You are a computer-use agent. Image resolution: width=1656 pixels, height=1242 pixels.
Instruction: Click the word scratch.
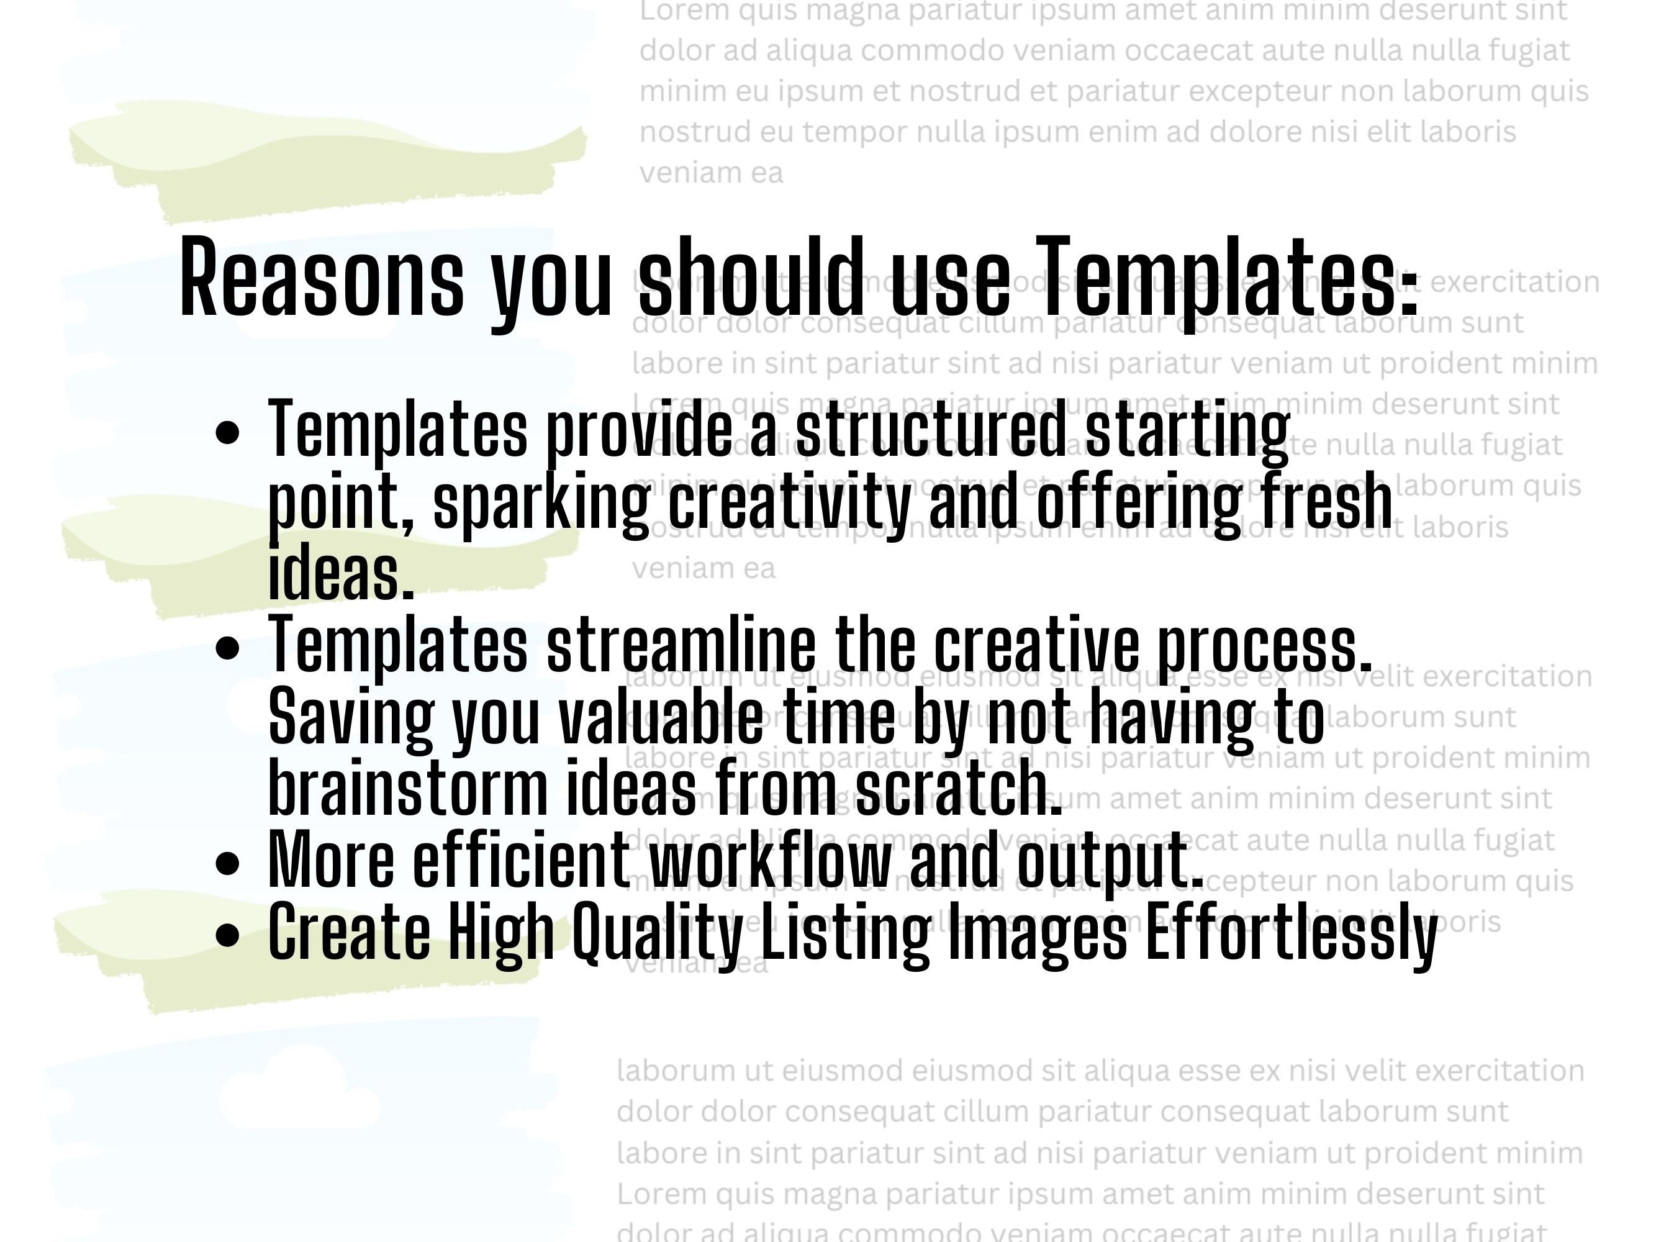click(958, 787)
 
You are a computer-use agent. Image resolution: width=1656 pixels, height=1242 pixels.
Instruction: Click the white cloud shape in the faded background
click(299, 1092)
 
